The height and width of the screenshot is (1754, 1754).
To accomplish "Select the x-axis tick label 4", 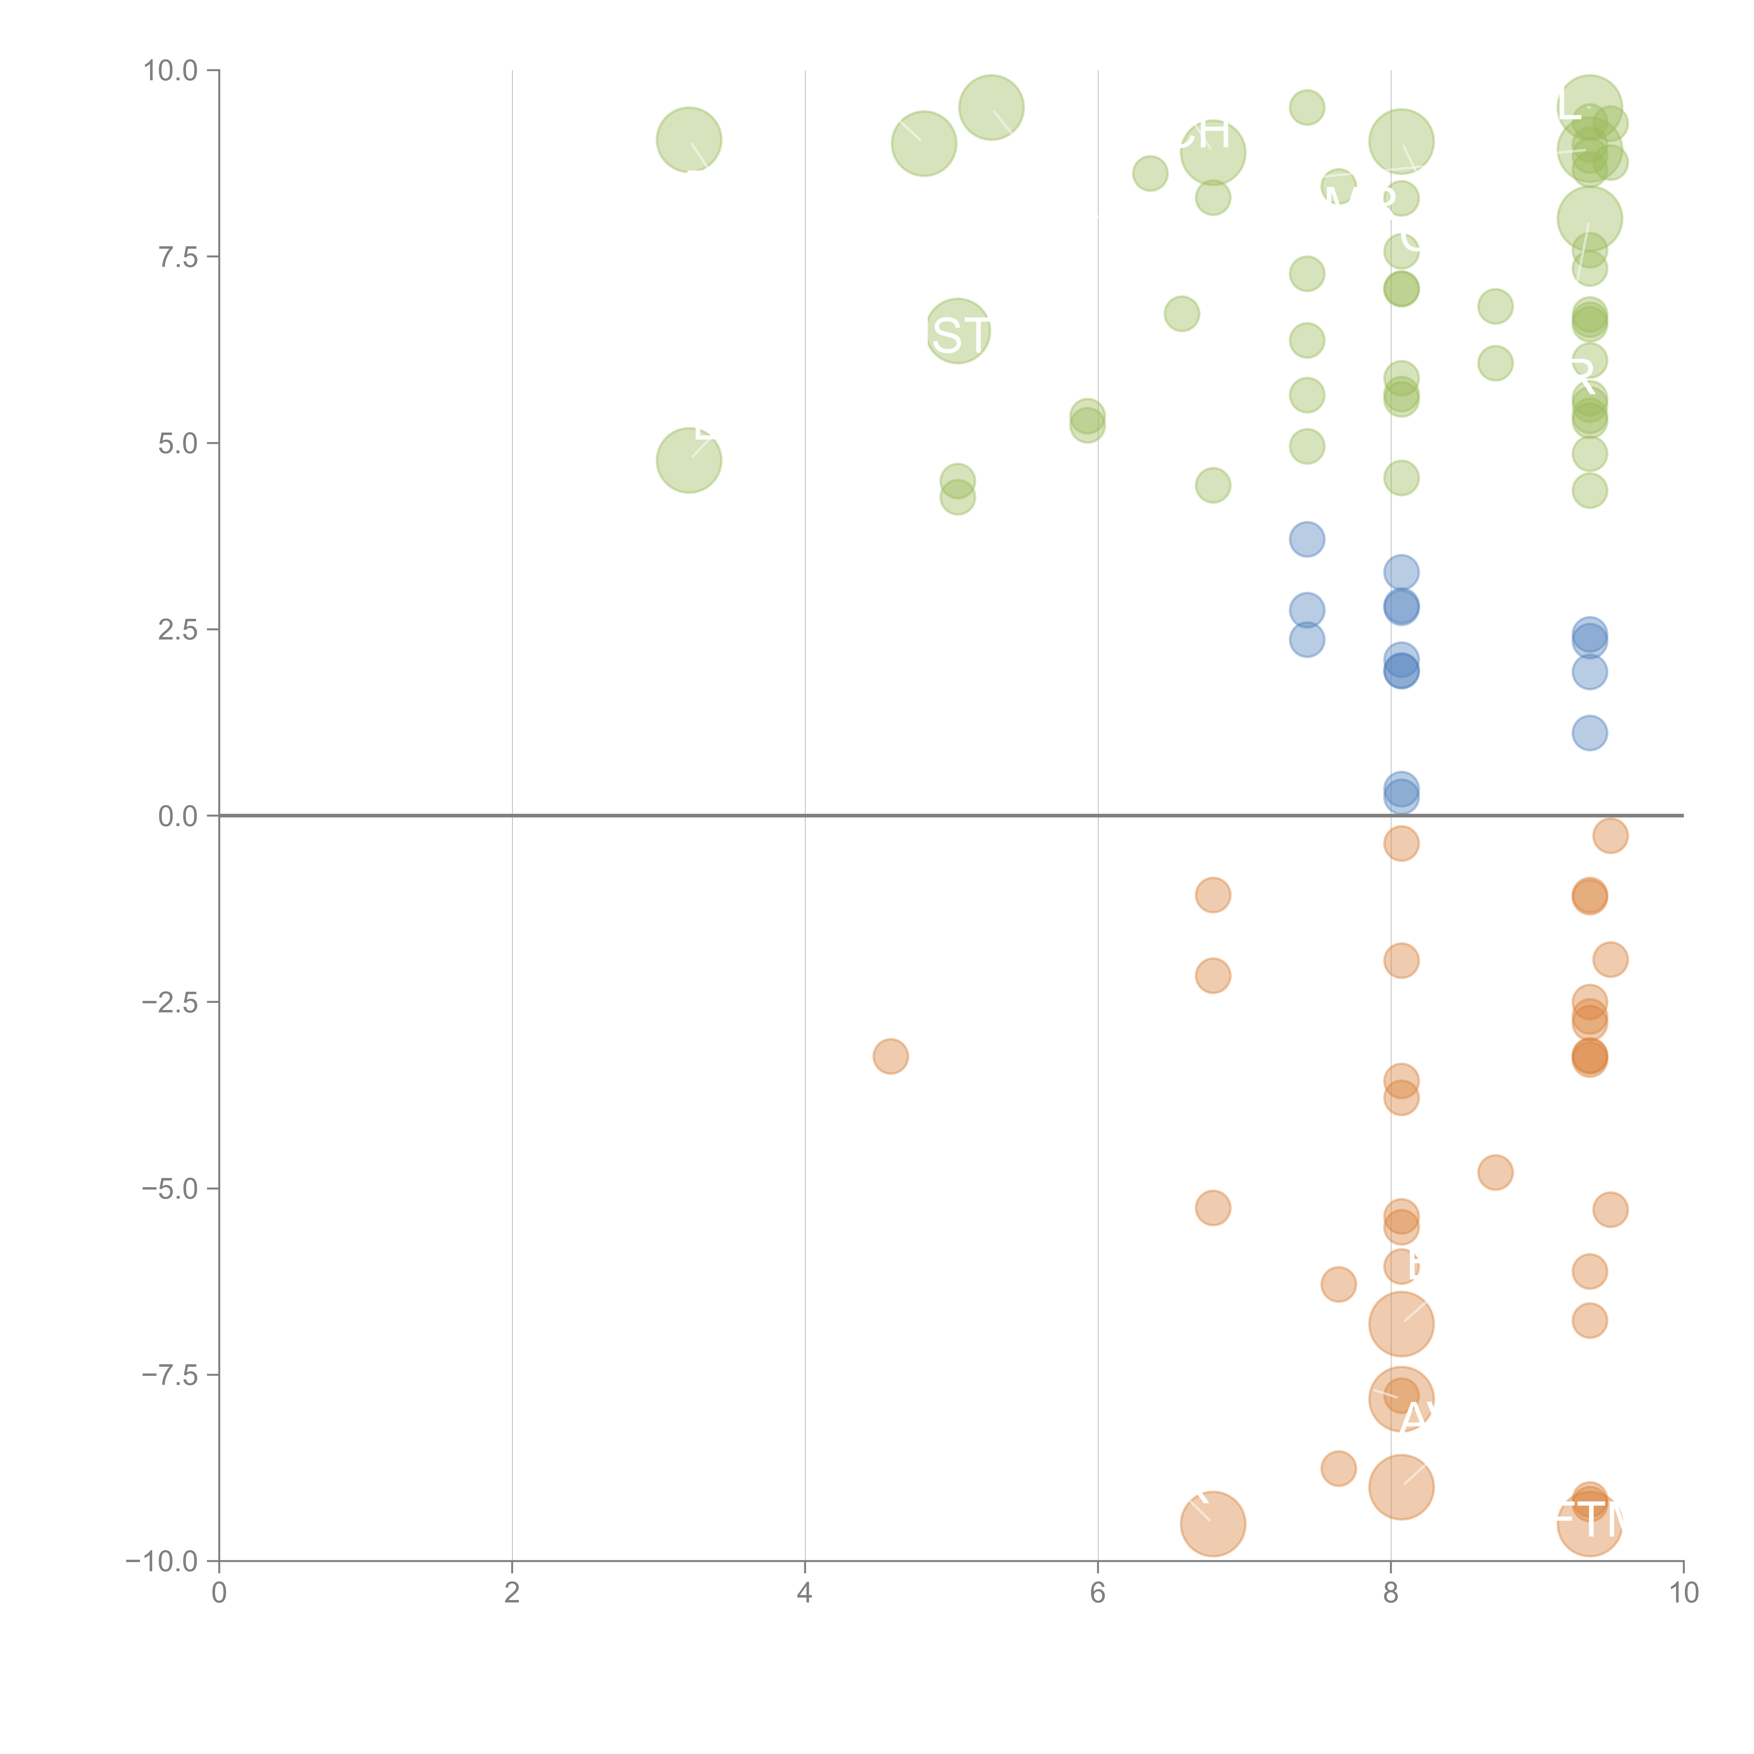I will click(804, 1592).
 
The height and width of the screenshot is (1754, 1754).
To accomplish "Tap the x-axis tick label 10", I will click(1683, 1592).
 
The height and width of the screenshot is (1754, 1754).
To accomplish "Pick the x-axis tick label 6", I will click(1098, 1592).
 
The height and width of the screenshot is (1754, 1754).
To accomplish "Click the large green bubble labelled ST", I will click(958, 332).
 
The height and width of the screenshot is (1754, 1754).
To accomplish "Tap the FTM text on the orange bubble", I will click(1589, 1520).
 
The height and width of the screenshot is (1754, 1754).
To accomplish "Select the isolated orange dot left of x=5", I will click(891, 1056).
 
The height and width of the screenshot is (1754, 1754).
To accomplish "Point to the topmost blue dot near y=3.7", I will click(1306, 539).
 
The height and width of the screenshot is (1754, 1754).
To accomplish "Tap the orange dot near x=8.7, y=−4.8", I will click(1495, 1172).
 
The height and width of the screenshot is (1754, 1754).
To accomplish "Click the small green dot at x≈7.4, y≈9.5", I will click(1306, 107).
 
